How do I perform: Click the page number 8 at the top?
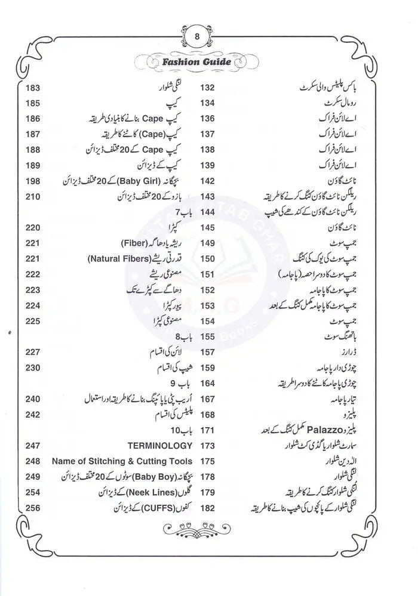(197, 37)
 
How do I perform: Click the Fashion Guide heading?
(196, 61)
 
